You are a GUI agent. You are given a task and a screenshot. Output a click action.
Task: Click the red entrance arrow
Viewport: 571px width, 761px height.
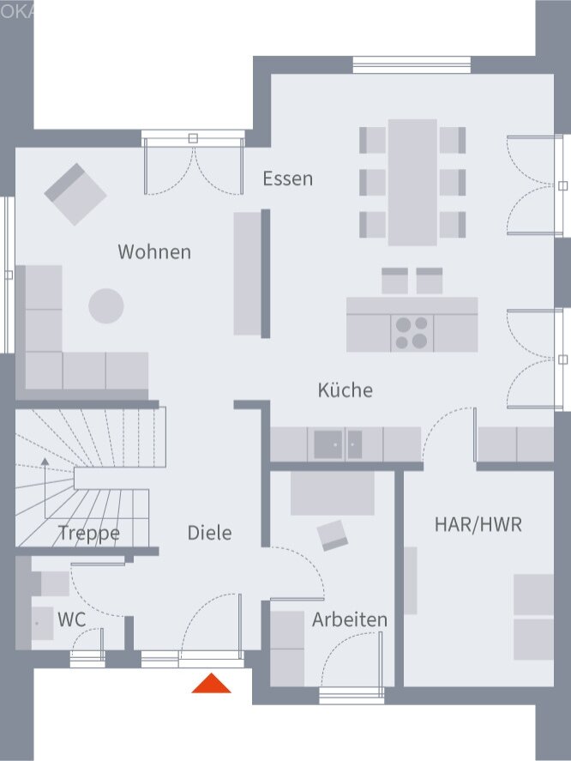tap(211, 684)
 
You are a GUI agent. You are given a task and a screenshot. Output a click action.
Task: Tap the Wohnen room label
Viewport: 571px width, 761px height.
tap(154, 252)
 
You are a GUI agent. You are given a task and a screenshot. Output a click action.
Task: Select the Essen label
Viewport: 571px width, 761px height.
tap(287, 179)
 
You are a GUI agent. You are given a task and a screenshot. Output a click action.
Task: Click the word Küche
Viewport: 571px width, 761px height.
tap(346, 390)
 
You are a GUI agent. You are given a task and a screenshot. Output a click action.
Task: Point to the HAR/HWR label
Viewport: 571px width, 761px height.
tap(478, 524)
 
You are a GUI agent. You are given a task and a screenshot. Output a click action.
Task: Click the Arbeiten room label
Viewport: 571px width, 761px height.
tap(349, 619)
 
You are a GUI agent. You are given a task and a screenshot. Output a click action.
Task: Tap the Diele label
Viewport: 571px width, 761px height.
tap(210, 533)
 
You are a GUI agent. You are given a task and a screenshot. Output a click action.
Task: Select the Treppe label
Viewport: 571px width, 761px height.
tap(89, 534)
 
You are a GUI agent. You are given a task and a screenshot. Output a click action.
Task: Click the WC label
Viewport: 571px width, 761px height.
tap(71, 619)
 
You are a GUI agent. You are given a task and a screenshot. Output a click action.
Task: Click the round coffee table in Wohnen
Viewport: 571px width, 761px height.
tap(106, 305)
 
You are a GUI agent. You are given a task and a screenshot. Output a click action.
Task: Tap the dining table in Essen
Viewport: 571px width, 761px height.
tap(412, 182)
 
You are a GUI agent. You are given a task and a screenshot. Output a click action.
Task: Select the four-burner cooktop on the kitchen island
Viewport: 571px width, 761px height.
tap(412, 333)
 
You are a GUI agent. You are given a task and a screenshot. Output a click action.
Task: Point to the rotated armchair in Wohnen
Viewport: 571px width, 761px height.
tap(75, 194)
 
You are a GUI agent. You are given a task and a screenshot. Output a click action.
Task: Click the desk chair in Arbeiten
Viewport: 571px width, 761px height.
tap(333, 535)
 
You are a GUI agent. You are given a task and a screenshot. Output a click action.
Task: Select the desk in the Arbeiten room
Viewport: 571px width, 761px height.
tap(332, 493)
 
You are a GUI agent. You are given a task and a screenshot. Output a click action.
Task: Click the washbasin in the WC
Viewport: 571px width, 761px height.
tap(41, 621)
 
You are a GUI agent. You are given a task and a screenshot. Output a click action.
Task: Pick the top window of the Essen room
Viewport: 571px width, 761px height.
tap(412, 65)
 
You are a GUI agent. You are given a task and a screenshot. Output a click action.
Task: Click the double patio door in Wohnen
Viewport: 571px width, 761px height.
tap(193, 163)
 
